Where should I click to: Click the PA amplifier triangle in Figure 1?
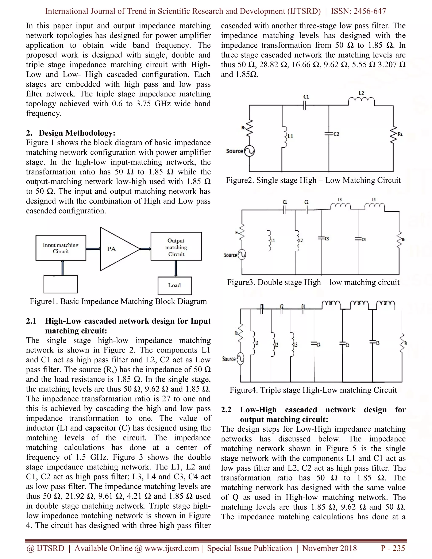(x=116, y=249)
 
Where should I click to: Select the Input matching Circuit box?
(x=61, y=248)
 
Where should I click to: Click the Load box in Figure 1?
(x=174, y=285)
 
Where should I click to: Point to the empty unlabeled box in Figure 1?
(x=61, y=284)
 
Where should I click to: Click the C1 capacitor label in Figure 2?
(x=306, y=97)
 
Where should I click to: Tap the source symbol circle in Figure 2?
(x=249, y=151)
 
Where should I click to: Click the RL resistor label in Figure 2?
(x=400, y=134)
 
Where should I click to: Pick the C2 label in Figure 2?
(x=336, y=134)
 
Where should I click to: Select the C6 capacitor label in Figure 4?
(x=378, y=343)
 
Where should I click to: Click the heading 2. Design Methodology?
(x=71, y=133)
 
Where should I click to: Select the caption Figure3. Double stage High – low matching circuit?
(x=313, y=282)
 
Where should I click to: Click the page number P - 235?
(x=393, y=548)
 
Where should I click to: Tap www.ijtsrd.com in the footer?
(x=171, y=548)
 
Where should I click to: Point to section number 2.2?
(x=226, y=410)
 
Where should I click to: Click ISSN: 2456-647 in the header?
(x=358, y=11)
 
